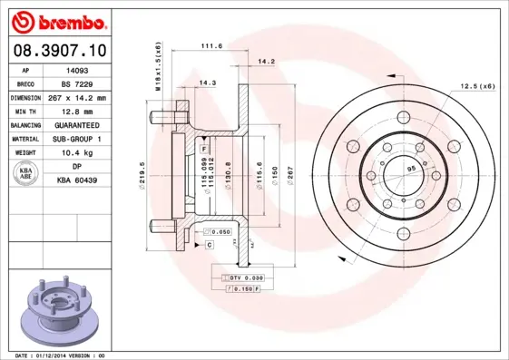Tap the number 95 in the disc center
pos(410,170)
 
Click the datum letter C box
pos(209,245)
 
